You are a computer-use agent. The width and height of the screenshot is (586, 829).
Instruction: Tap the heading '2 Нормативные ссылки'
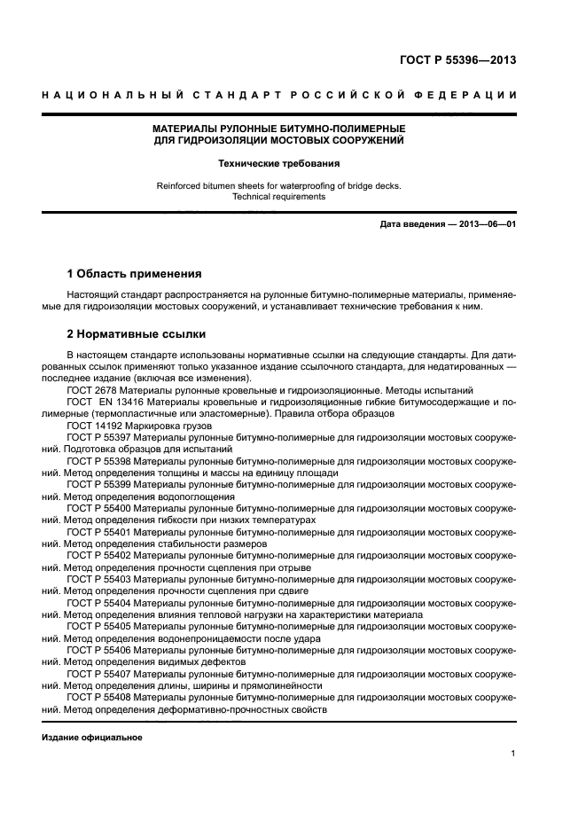tap(137, 334)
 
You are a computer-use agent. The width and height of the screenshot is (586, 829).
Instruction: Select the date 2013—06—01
tap(485, 224)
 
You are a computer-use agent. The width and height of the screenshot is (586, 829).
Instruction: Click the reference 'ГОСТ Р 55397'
tap(99, 438)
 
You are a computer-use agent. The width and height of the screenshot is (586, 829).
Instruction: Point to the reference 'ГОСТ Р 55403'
tap(99, 579)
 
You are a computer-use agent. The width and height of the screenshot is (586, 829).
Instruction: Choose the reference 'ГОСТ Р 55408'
tap(99, 698)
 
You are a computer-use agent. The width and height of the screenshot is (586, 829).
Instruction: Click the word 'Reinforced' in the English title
tap(178, 185)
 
